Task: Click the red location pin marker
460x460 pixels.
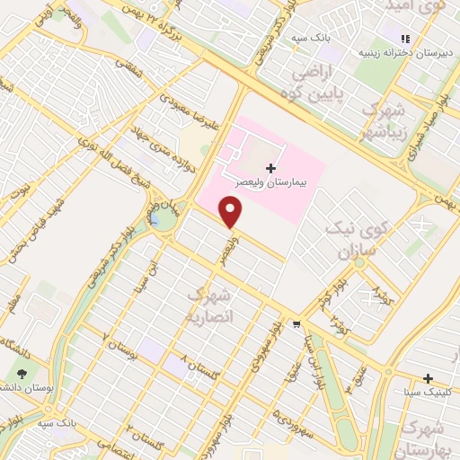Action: tap(232, 211)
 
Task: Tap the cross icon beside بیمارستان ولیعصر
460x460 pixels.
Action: tap(270, 168)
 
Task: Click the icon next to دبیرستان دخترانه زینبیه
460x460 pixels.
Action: tap(405, 39)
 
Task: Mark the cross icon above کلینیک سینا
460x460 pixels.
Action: tap(429, 378)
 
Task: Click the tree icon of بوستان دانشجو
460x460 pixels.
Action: tap(22, 373)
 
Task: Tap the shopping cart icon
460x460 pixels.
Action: tap(297, 323)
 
